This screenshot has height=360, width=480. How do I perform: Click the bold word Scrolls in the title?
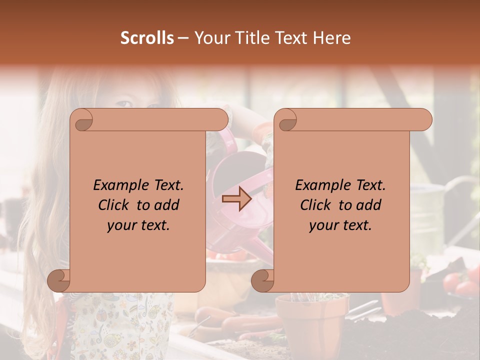tap(147, 38)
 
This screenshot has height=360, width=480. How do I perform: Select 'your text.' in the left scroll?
tap(138, 225)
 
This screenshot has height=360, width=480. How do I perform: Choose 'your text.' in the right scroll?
tap(340, 225)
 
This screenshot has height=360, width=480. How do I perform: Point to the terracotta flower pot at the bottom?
tap(311, 320)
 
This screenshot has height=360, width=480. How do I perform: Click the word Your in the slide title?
tap(209, 38)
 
